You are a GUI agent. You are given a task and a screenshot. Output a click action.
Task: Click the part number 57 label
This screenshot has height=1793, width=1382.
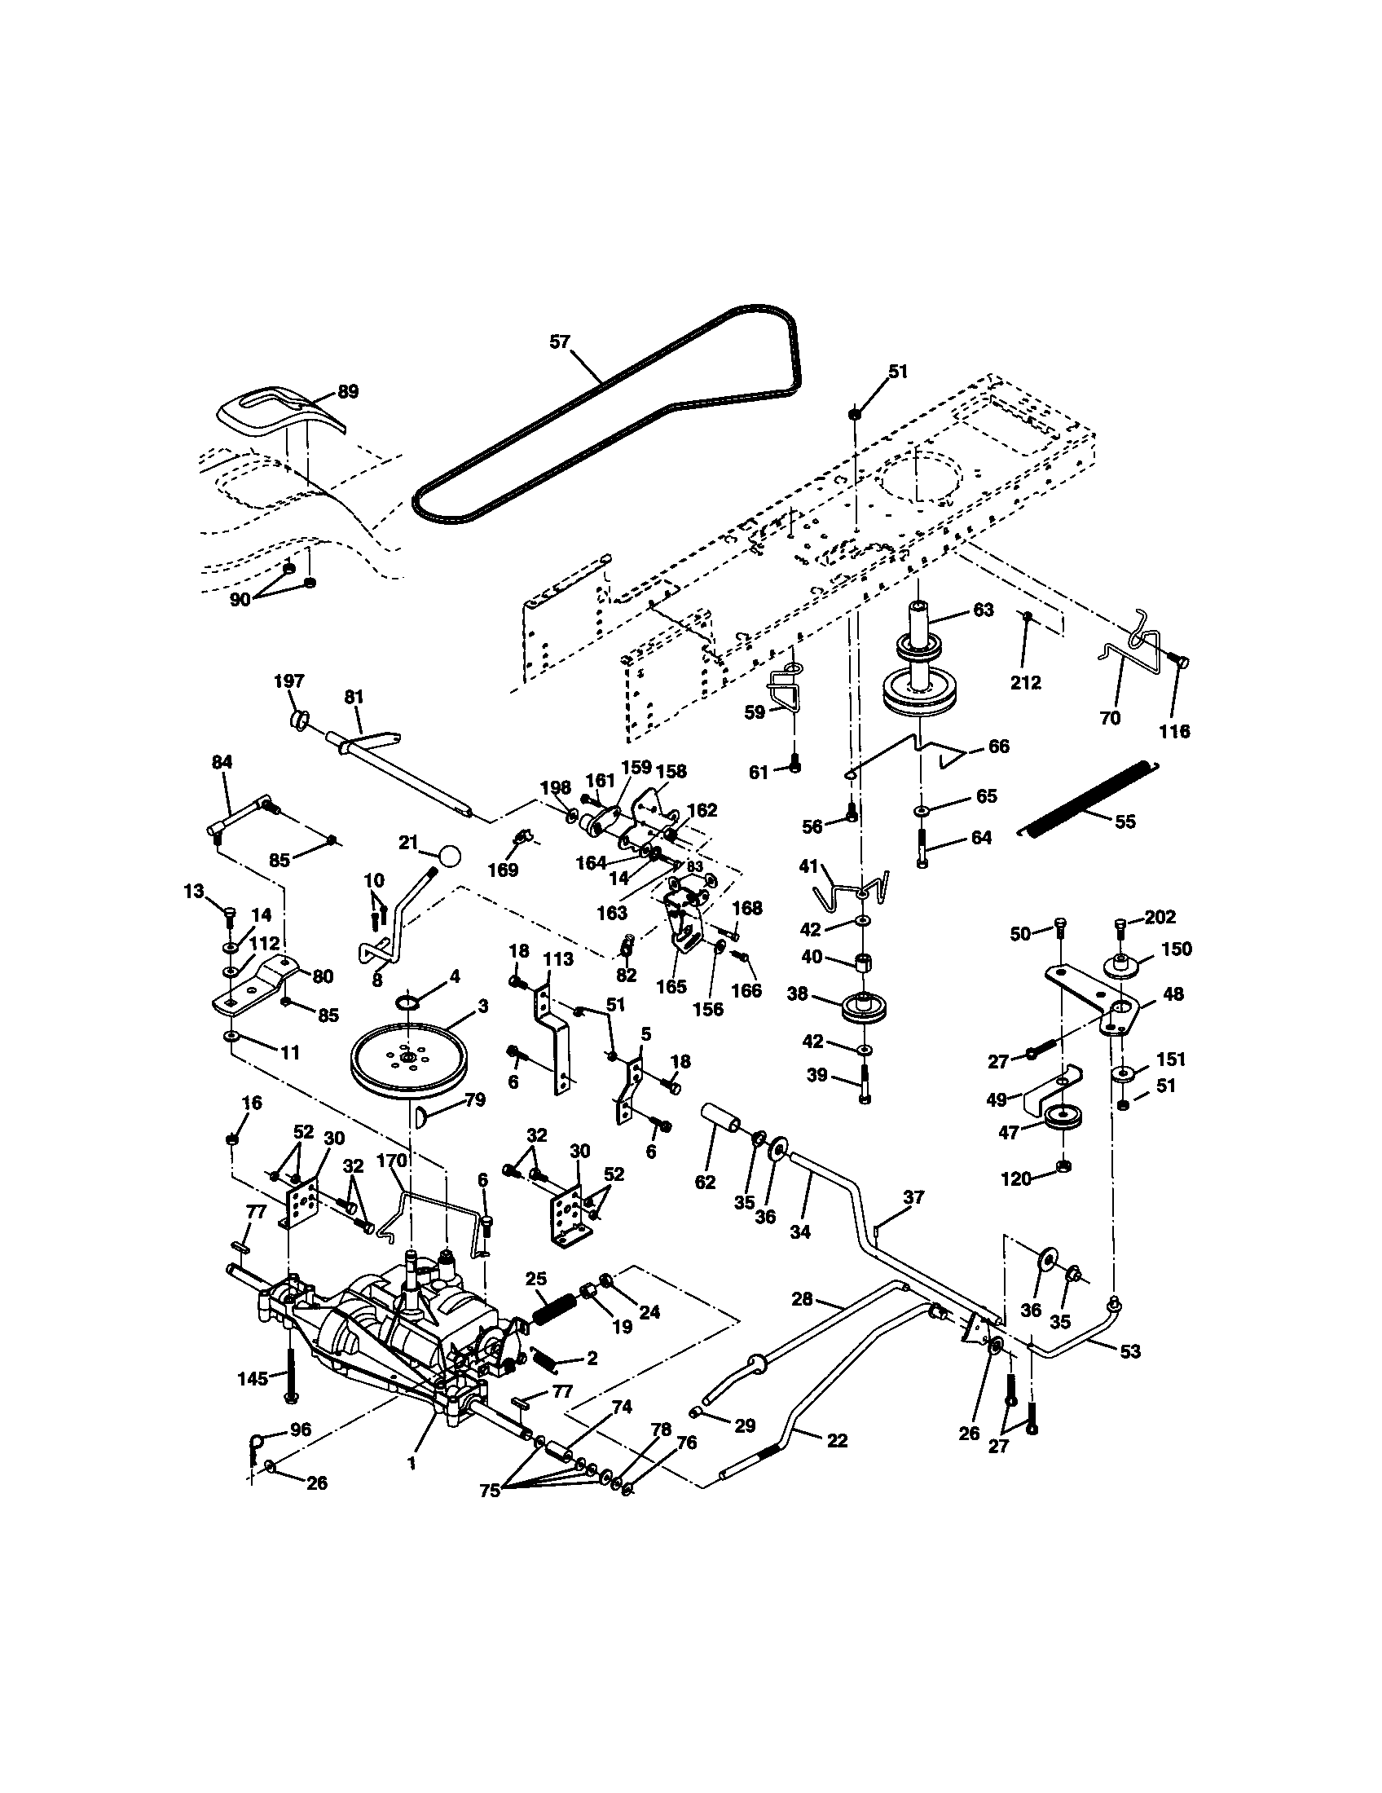coord(559,341)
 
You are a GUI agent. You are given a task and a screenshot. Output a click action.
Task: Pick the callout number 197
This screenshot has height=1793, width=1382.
coord(289,681)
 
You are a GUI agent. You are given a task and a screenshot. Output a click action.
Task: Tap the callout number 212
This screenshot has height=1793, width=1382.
coord(1025,682)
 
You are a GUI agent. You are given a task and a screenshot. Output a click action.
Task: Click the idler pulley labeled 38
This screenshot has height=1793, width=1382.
coord(863,1008)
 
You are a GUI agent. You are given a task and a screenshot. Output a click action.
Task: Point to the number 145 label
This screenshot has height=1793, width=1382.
coord(253,1378)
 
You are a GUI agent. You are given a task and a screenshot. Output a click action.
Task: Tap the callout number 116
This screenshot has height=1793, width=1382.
coord(1173,731)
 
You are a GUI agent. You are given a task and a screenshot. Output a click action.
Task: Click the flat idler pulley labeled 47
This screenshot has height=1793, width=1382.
coord(1067,1118)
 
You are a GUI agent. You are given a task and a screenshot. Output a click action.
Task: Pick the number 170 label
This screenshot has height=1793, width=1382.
coord(391,1161)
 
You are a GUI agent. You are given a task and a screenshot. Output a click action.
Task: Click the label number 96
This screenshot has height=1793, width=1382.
coord(301,1430)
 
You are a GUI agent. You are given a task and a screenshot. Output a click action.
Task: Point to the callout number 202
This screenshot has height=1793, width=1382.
coord(1160,917)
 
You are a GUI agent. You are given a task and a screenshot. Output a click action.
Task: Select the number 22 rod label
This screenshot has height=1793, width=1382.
coord(836,1441)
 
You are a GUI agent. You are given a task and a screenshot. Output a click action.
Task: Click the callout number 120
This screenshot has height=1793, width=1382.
coord(1016,1179)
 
